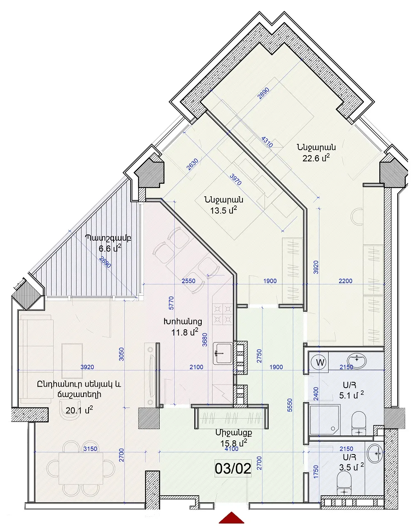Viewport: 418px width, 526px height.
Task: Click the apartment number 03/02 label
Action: coord(232,468)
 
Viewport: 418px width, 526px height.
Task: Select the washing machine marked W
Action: coord(320,363)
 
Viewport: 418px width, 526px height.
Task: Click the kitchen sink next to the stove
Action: coord(223,353)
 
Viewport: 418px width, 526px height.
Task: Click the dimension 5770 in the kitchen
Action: coord(171,303)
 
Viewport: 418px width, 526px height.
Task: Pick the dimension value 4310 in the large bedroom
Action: coord(267,142)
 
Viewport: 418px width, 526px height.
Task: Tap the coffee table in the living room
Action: coord(72,361)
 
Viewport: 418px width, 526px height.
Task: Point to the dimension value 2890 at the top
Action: coord(263,93)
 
